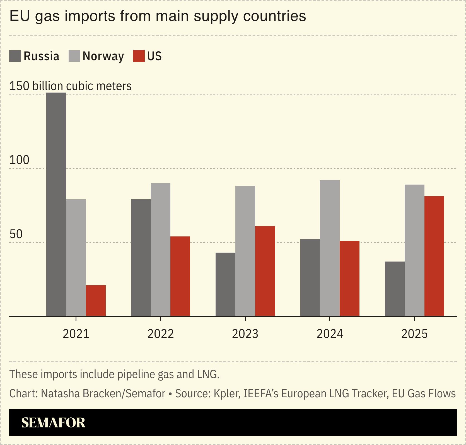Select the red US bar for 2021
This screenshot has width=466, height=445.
[96, 301]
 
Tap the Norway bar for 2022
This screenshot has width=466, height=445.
[161, 250]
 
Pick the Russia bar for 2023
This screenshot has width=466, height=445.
[225, 284]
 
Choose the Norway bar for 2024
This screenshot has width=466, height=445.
[330, 248]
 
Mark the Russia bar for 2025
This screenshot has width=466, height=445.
[395, 289]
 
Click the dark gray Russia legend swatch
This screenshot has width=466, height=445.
[15, 56]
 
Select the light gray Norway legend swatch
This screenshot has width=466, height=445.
[74, 56]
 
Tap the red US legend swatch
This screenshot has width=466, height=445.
[139, 56]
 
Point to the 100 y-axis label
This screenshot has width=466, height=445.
[19, 160]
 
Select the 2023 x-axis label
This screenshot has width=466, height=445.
[245, 334]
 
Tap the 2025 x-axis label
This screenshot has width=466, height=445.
[414, 334]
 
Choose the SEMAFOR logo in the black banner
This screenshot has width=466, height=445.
[53, 422]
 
